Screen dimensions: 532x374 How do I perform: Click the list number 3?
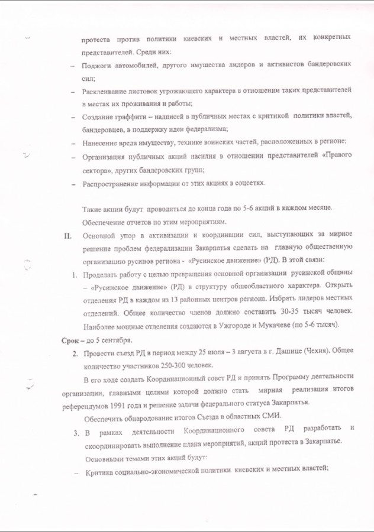[76, 432]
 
